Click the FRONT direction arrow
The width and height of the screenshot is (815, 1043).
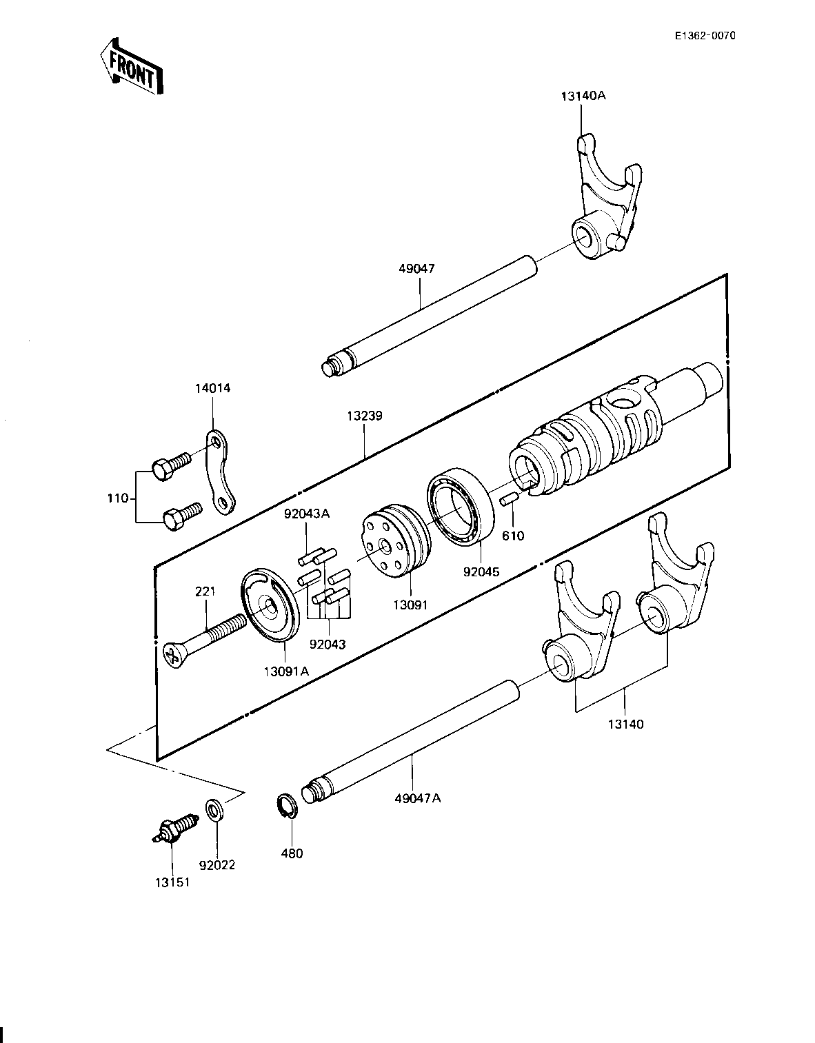pyautogui.click(x=130, y=66)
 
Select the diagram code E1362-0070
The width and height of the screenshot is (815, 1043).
pyautogui.click(x=705, y=36)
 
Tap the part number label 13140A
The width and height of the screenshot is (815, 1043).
pyautogui.click(x=583, y=96)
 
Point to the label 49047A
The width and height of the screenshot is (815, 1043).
pyautogui.click(x=418, y=798)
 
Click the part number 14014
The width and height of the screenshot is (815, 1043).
pyautogui.click(x=212, y=388)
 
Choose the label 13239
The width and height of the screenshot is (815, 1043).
pyautogui.click(x=365, y=416)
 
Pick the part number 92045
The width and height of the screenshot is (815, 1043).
pyautogui.click(x=481, y=571)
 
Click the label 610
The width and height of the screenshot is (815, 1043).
pyautogui.click(x=513, y=535)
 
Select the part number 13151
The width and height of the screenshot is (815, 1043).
pyautogui.click(x=172, y=882)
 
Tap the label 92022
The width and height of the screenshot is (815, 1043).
pyautogui.click(x=217, y=865)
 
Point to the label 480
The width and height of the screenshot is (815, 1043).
pyautogui.click(x=292, y=853)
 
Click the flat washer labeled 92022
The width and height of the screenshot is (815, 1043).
pyautogui.click(x=214, y=810)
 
